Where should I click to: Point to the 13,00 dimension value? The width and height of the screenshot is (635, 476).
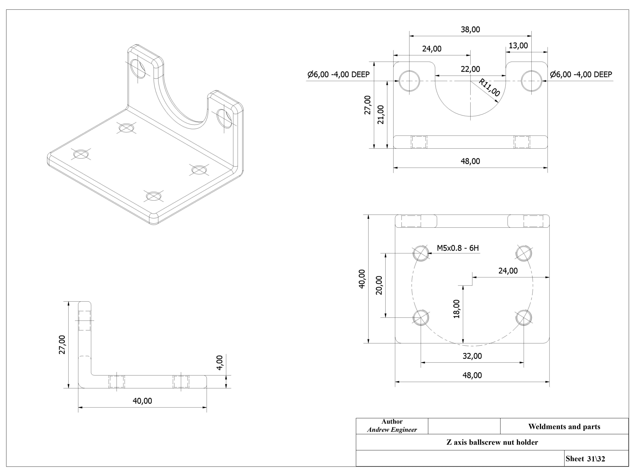(x=518, y=46)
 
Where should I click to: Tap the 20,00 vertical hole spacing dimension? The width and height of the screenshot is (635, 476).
(x=379, y=285)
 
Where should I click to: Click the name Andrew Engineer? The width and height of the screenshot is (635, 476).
(x=392, y=430)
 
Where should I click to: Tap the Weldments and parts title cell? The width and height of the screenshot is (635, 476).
(x=564, y=427)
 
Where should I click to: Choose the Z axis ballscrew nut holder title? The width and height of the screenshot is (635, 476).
(x=492, y=442)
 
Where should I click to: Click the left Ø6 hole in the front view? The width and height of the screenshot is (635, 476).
(x=409, y=81)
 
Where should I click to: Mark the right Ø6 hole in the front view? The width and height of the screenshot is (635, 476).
(x=531, y=81)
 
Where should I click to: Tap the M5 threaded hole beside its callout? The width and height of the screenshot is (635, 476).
(x=421, y=253)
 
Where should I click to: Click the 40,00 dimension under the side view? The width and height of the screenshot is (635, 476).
(x=142, y=401)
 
